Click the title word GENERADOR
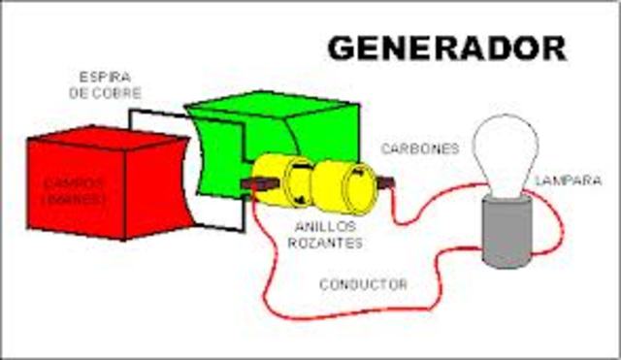point(445,46)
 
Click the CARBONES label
point(419,148)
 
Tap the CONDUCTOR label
point(363,284)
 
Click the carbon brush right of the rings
point(387,181)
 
